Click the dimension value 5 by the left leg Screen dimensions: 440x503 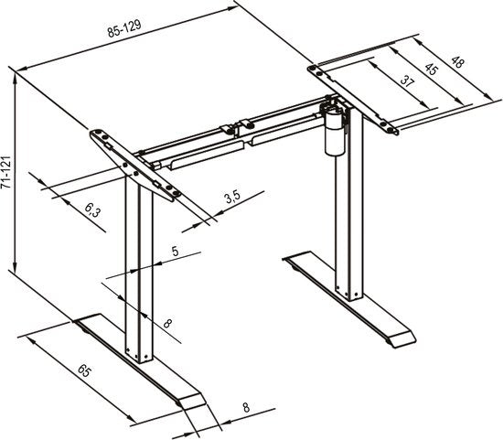[x=175, y=250]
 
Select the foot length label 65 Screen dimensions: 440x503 [x=83, y=371]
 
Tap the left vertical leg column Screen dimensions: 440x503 [x=137, y=274]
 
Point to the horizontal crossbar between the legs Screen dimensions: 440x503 [x=229, y=137]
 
